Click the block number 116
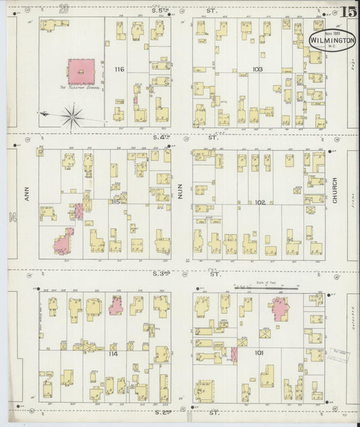[120, 70]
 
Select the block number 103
[257, 70]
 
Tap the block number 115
[116, 201]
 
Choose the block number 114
[113, 353]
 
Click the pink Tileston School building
[81, 72]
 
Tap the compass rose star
[72, 116]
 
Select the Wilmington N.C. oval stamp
[332, 40]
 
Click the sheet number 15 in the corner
[349, 11]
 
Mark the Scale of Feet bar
[266, 288]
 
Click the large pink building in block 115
[64, 241]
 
